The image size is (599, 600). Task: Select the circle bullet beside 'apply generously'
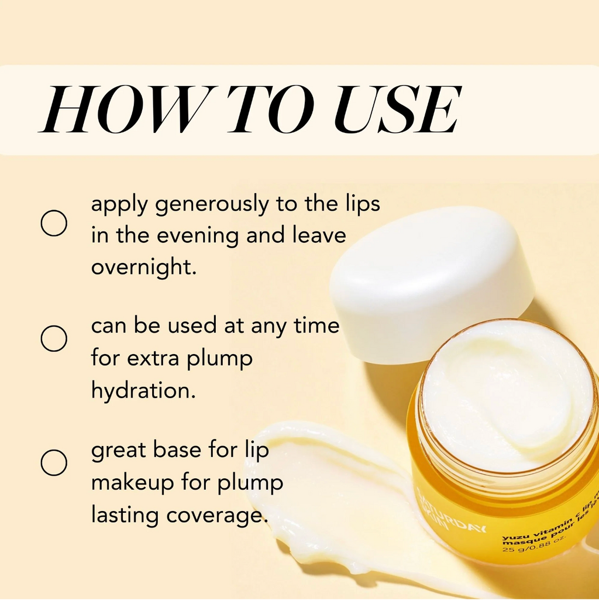54,223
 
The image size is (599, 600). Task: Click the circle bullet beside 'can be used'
54,339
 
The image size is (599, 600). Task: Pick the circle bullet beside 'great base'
54,462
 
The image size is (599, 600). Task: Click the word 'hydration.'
143,390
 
